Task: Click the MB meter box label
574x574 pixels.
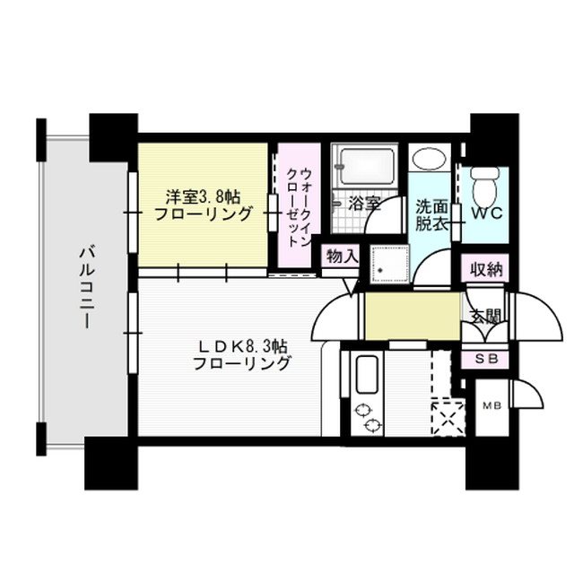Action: point(491,405)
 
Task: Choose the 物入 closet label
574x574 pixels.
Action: point(342,256)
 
